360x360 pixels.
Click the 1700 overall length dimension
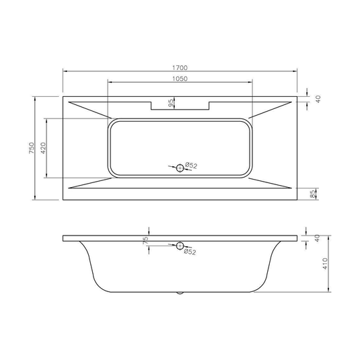(180, 67)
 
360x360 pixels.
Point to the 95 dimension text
(172, 102)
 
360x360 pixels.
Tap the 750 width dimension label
(30, 149)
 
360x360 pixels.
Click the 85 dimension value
(312, 194)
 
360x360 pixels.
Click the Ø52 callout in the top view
(191, 166)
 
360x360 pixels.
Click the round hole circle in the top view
(179, 168)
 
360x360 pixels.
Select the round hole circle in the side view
(180, 246)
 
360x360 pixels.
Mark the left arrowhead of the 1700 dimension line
(65, 71)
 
